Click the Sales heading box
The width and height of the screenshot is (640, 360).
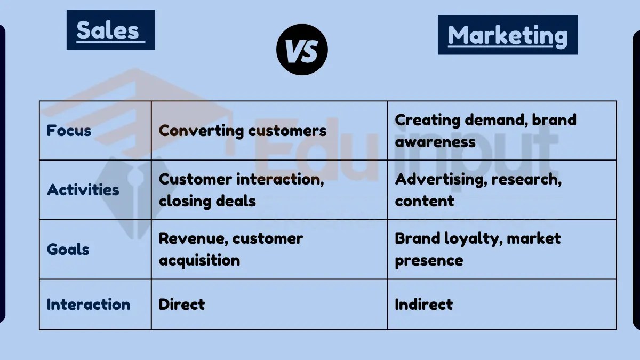coord(110,30)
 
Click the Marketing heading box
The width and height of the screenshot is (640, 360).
coord(507,35)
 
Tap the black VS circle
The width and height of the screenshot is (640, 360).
coord(302,50)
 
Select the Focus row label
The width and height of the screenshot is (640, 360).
coord(69,131)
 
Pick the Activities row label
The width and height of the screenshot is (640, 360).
coord(83,190)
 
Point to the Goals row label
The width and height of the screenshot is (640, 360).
coord(68,249)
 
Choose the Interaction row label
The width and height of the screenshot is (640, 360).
coord(89,305)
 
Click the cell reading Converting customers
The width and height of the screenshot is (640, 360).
coord(243,131)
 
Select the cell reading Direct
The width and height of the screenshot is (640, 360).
coord(182,305)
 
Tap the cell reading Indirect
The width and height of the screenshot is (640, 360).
coord(423,305)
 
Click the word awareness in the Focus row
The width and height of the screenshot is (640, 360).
coord(435,142)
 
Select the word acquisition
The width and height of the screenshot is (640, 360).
coord(199,260)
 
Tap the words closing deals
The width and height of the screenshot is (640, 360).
coord(207,201)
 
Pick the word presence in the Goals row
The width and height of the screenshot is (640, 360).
coord(429,260)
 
